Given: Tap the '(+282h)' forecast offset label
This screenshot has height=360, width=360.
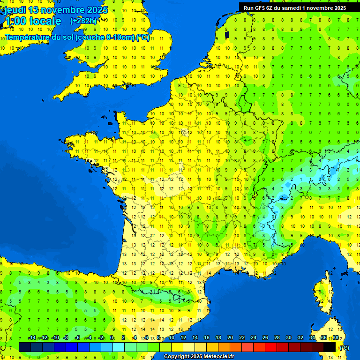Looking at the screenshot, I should coord(83,21).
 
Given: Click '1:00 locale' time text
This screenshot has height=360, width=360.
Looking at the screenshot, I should coord(32,21).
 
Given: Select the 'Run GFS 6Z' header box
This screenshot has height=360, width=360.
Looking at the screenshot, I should coord(294,7).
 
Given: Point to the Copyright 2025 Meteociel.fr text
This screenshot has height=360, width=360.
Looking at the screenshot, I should coord(199,356).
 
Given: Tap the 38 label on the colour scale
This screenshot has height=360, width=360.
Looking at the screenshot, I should coord(335,338).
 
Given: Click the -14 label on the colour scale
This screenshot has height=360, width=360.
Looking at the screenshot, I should coord(32,338).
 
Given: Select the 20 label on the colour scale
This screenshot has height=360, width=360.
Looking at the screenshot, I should coord(230,338).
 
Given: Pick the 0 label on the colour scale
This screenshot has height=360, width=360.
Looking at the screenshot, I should coord(112,338).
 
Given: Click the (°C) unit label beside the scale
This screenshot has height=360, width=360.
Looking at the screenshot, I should coord(344,348).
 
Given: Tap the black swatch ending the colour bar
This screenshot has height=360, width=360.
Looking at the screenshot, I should coord(330,347).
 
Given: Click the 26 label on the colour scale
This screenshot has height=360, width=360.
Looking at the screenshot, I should coord(265,338).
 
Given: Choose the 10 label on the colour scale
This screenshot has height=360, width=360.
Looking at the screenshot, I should coord(171,338).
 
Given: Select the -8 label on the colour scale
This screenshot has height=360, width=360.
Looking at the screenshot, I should coord(66,338).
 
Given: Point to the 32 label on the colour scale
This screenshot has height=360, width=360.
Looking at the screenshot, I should coord(300,338).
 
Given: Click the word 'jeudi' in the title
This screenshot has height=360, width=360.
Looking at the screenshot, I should coord(15,10).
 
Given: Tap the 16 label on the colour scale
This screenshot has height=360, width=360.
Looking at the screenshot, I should coord(206,338).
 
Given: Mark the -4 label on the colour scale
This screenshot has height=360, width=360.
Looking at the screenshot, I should coord(89,338).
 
